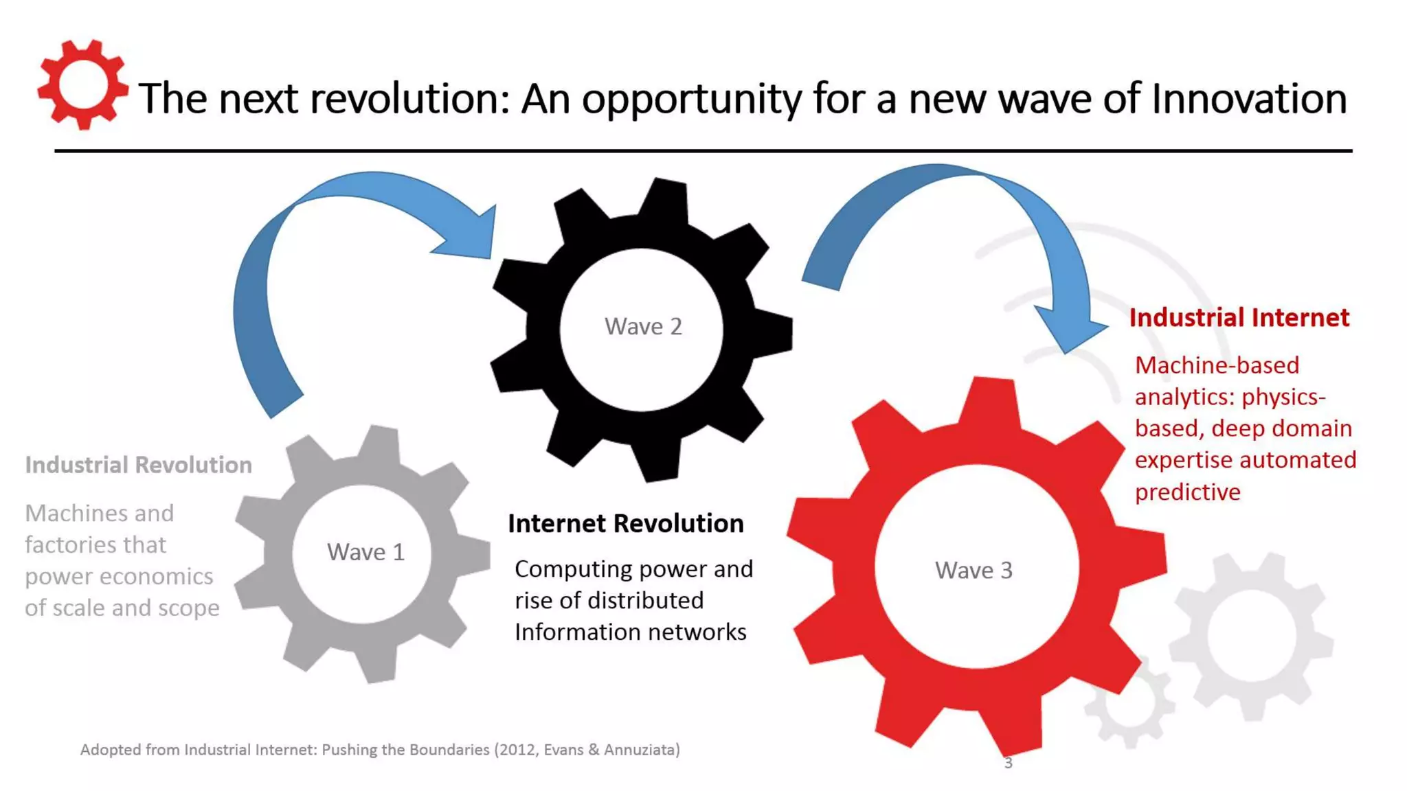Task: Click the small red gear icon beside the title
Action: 82,84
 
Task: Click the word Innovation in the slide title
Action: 1248,98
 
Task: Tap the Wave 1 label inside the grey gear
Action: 365,552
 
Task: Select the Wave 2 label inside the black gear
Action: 643,326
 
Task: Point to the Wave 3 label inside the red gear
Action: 973,570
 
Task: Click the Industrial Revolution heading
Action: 138,465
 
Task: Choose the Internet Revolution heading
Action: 625,523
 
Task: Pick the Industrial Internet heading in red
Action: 1239,317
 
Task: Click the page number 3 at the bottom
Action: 1008,763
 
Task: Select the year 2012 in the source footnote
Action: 517,750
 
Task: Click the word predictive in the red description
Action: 1187,492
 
